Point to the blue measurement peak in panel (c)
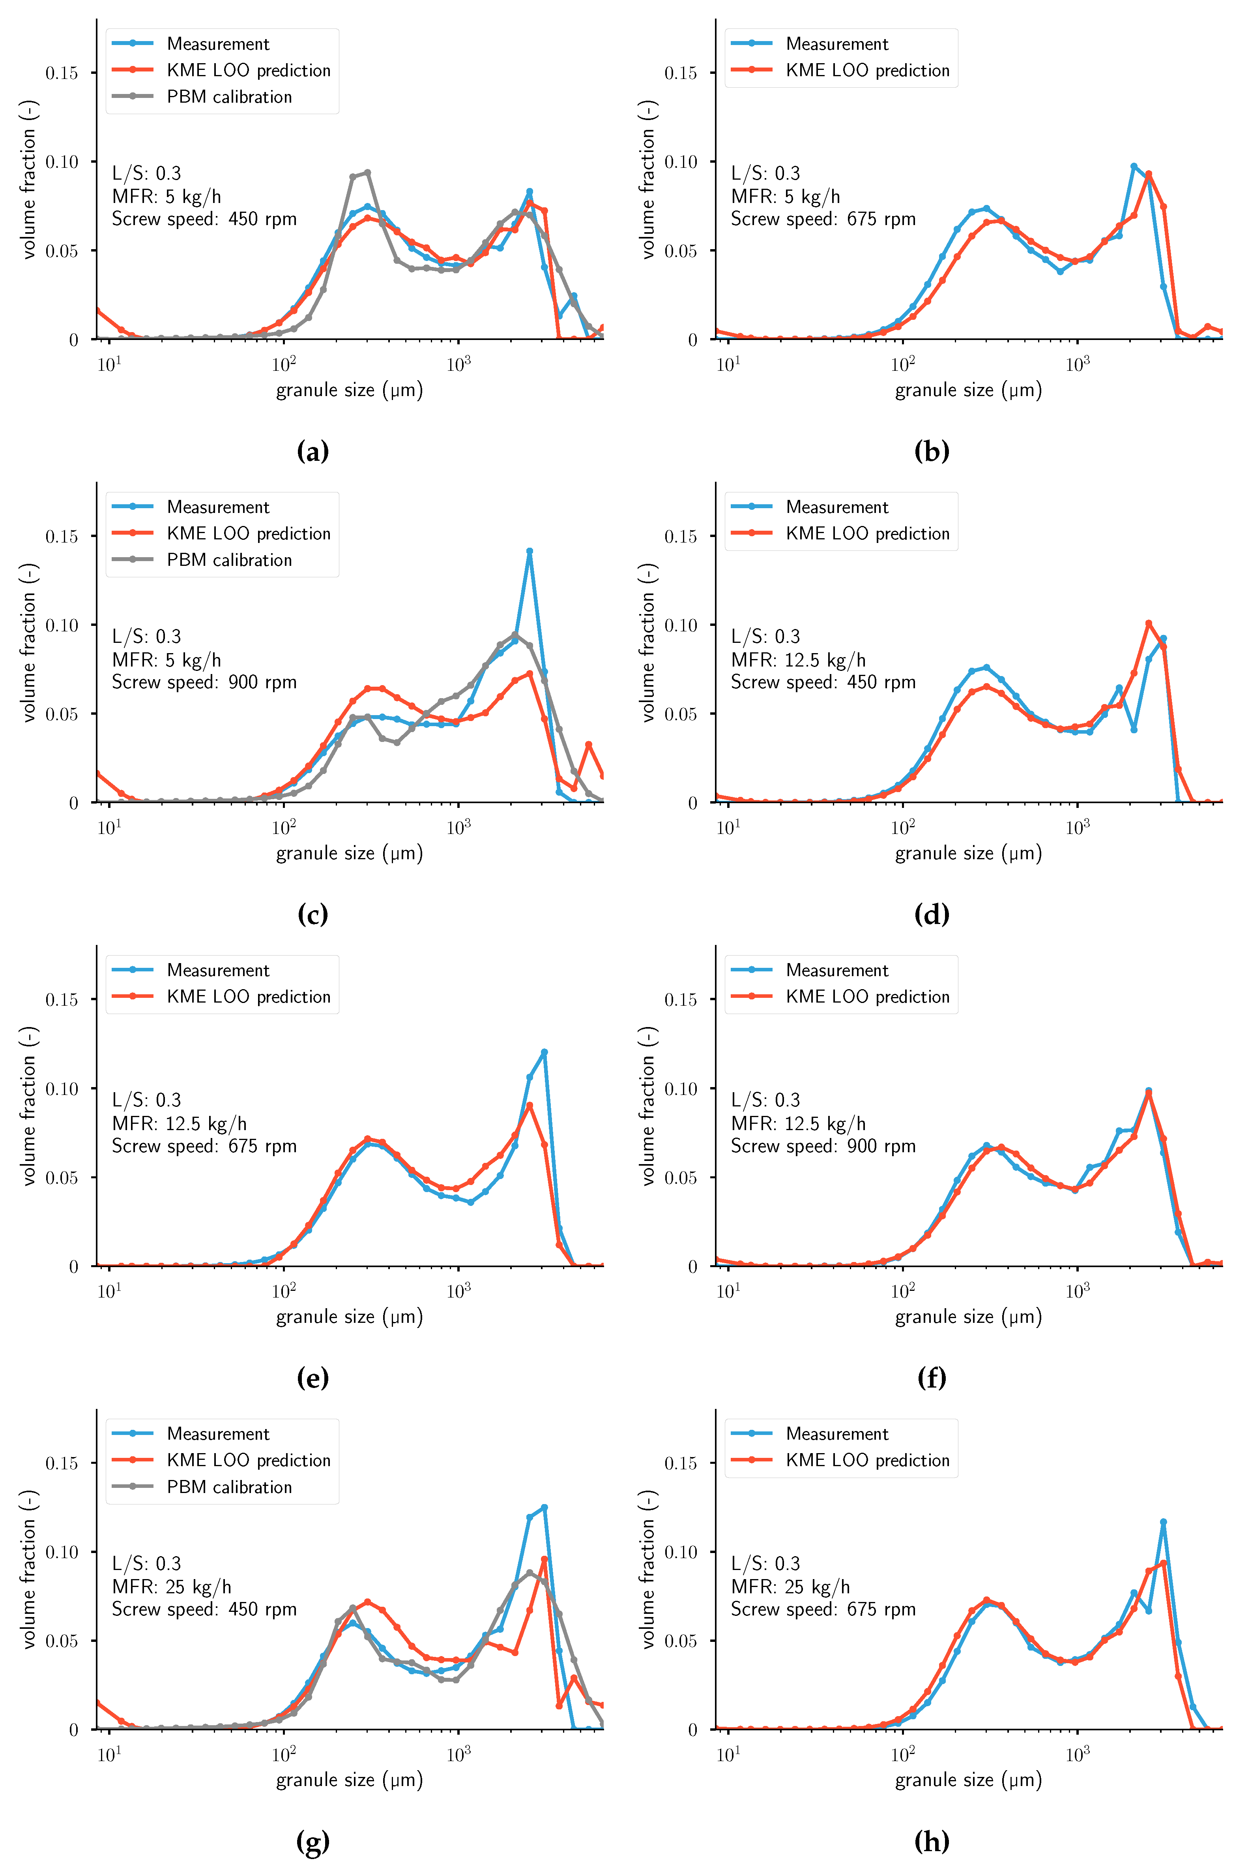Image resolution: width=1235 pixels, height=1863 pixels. (x=529, y=552)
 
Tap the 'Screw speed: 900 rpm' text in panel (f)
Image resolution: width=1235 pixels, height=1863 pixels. (x=823, y=1146)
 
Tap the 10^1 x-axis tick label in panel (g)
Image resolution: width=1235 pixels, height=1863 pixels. (x=109, y=1755)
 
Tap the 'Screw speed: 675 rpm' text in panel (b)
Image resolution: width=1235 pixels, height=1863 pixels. (x=823, y=219)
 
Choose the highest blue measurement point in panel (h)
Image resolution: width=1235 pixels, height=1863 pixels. (x=1163, y=1523)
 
